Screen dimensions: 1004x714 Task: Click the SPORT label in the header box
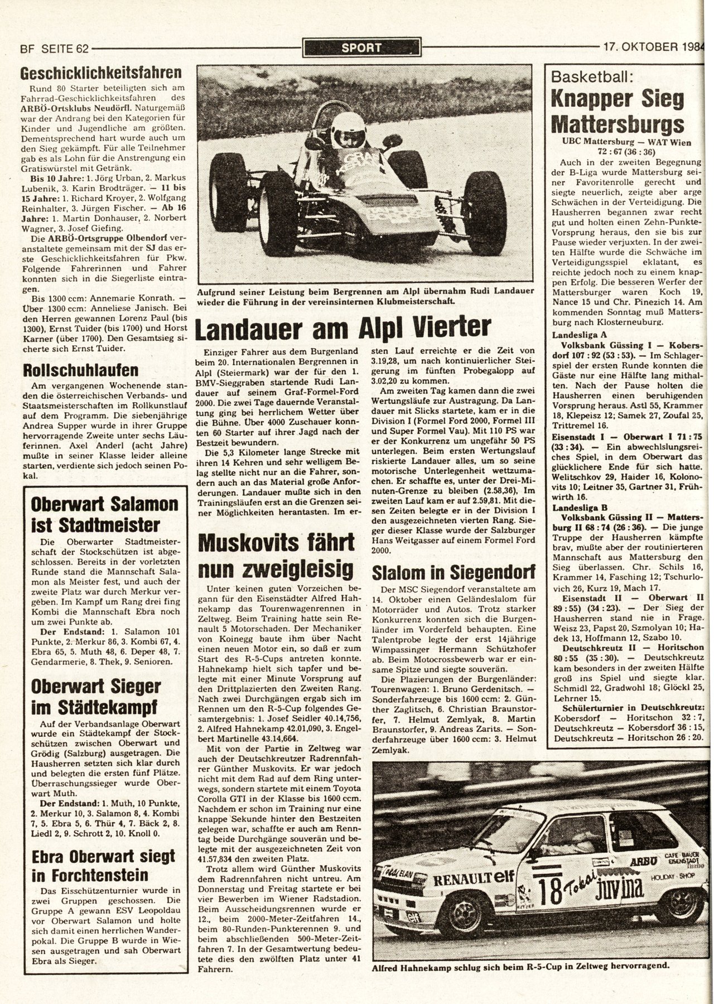(x=361, y=47)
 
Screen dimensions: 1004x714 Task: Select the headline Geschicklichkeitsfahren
(x=101, y=73)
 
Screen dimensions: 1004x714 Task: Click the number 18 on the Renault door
(x=548, y=888)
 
